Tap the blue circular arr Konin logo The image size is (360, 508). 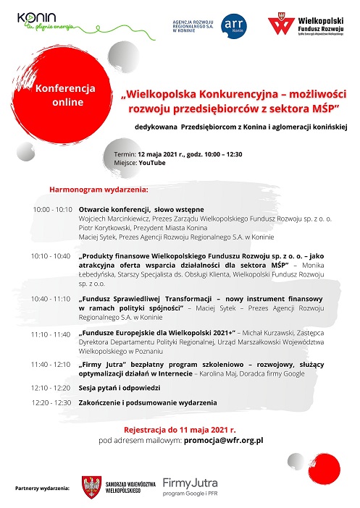click(x=233, y=24)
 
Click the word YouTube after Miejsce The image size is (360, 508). click(x=152, y=163)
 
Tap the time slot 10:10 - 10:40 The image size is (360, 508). click(x=51, y=256)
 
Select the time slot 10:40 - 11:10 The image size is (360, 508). click(x=51, y=298)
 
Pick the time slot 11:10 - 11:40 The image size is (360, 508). click(x=51, y=335)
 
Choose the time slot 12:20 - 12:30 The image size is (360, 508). click(x=52, y=402)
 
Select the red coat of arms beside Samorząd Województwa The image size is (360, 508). click(x=91, y=486)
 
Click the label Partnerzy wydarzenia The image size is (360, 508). click(x=42, y=489)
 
